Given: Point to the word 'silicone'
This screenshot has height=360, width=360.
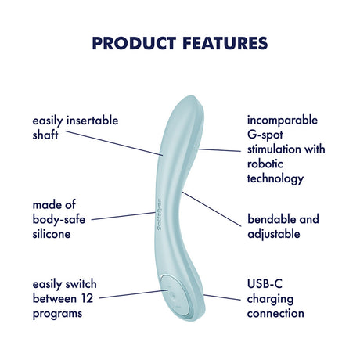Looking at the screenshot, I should pos(52,233).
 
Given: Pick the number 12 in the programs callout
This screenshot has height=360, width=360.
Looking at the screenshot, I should pos(88,298).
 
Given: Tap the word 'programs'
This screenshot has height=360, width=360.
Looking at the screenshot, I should pos(57,312).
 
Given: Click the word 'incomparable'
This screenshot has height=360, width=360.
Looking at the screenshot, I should pos(283,121).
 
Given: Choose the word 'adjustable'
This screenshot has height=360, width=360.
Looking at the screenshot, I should pos(275,233).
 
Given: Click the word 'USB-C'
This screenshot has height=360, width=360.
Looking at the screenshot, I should pos(265,284).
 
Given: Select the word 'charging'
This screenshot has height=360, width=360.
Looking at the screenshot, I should pos(270,298).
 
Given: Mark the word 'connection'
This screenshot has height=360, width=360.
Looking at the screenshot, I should pos(275,312).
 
